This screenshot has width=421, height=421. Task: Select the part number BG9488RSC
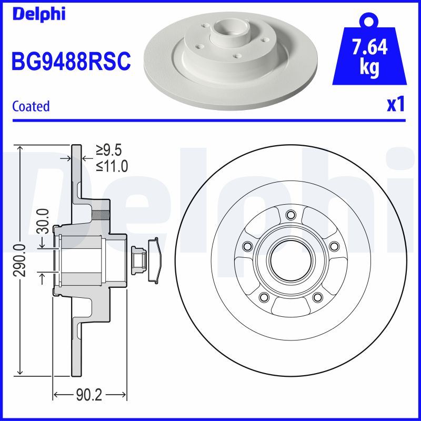coord(71,62)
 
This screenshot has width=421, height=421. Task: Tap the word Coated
coord(31,106)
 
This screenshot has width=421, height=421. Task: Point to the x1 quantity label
coord(396,105)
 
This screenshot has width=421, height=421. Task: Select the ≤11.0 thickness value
coord(112,167)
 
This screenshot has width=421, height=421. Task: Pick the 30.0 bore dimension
coord(44,221)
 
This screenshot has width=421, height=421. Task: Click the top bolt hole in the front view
coord(290,215)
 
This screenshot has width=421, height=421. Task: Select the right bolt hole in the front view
coord(333,246)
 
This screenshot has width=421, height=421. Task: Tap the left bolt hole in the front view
coord(247,246)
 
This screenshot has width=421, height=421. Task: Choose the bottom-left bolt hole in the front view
coord(263,297)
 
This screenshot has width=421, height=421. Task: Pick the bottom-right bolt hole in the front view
coord(317,297)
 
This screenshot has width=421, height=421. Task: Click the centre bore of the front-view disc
coord(290,260)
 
